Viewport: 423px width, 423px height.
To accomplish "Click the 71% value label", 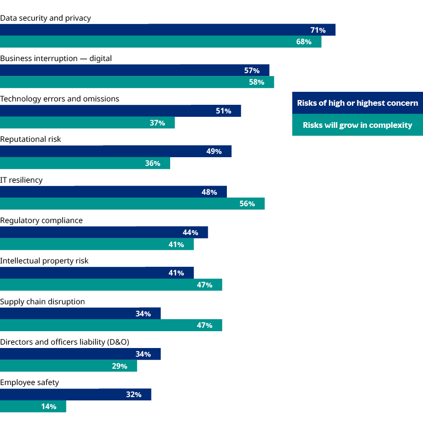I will coord(318,30).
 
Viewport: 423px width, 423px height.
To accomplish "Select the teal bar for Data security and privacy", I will coord(161,42).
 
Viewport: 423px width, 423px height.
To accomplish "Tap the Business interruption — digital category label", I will coord(56,58).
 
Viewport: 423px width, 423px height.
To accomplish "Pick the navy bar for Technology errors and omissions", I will coord(120,111).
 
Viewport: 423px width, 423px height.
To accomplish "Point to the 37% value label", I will coord(157,123).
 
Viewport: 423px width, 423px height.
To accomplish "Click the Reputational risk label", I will coord(31,139).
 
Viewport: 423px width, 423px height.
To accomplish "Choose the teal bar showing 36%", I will coord(85,163).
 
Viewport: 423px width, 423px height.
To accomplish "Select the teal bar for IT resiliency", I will coord(132,204).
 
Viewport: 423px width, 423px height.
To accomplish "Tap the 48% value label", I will coord(209,192).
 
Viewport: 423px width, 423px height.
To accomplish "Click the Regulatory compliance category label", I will coord(41,220).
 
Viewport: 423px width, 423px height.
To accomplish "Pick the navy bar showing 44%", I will coord(104,233).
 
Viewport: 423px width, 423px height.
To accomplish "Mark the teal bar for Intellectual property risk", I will coord(111,285).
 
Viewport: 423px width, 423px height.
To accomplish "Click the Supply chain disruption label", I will coord(42,301).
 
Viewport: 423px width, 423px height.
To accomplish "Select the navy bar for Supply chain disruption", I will coord(80,314).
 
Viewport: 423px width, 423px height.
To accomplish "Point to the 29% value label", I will coord(119,366).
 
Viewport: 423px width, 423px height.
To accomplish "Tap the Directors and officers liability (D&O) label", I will coord(64,342).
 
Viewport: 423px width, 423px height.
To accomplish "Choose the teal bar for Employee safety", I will coord(33,407).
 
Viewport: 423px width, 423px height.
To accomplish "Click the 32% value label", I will coord(134,395).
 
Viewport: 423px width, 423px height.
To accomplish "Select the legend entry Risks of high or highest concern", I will coord(358,103).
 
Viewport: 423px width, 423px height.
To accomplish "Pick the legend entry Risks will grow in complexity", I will coord(358,125).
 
